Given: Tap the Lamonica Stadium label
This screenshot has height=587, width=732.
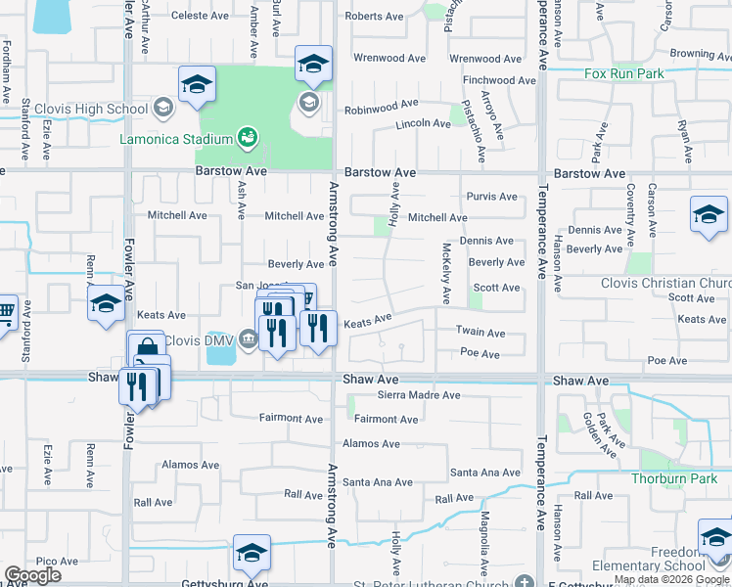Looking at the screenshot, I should click(x=176, y=139).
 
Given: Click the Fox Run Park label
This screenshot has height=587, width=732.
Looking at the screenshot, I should click(x=623, y=73).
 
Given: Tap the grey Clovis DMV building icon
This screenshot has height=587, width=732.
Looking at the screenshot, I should click(x=249, y=340).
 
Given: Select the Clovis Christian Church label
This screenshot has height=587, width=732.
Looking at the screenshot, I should click(x=665, y=283).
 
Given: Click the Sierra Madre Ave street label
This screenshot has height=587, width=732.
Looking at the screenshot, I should click(x=419, y=395).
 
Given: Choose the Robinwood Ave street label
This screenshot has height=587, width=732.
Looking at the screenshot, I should click(x=381, y=103).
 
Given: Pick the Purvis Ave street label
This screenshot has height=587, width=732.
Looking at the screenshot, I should click(x=491, y=197).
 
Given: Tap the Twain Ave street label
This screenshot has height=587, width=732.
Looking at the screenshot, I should click(x=480, y=333).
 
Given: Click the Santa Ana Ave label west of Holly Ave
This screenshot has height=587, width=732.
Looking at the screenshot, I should click(x=377, y=482).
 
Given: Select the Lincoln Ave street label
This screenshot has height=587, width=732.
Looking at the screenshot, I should click(x=423, y=125).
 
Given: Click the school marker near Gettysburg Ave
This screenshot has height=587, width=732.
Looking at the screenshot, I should click(x=252, y=555).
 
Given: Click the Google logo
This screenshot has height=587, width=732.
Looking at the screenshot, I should click(x=32, y=575).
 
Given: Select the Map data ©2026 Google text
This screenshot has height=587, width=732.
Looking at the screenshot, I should click(x=671, y=579).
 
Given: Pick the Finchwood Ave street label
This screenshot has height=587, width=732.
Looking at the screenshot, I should click(x=501, y=80).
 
